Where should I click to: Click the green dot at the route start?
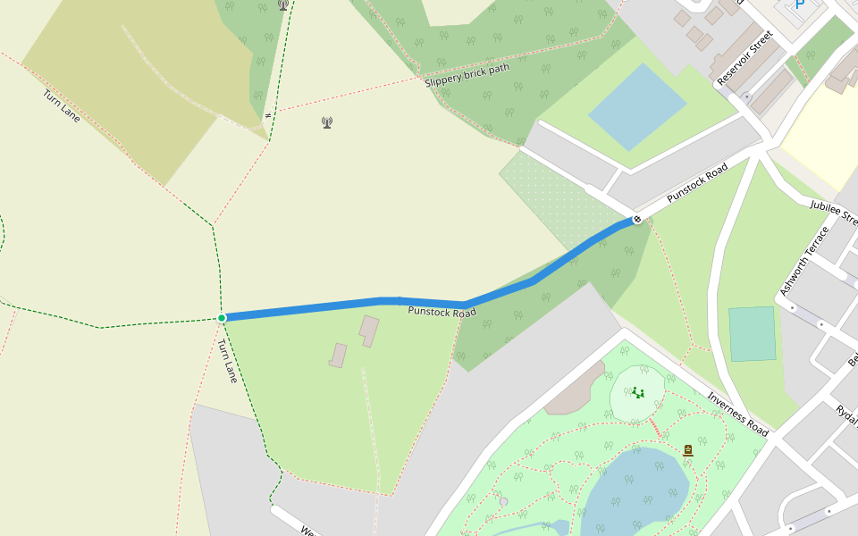(222, 317)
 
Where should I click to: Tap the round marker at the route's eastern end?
(637, 219)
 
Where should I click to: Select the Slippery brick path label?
(467, 74)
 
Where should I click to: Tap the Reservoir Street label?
(744, 58)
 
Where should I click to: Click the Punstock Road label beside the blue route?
(442, 312)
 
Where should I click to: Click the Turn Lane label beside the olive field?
(61, 105)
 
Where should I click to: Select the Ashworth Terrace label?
(804, 261)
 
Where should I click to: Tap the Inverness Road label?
(737, 415)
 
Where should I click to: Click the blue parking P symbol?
(799, 4)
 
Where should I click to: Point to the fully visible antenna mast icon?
(327, 122)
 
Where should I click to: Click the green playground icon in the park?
(637, 392)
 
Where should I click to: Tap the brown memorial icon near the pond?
(688, 450)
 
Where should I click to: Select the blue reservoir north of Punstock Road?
(637, 106)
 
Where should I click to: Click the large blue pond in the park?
(635, 487)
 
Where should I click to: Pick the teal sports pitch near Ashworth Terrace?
(752, 333)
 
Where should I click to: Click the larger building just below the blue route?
(369, 330)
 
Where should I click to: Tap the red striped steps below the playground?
(654, 426)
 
